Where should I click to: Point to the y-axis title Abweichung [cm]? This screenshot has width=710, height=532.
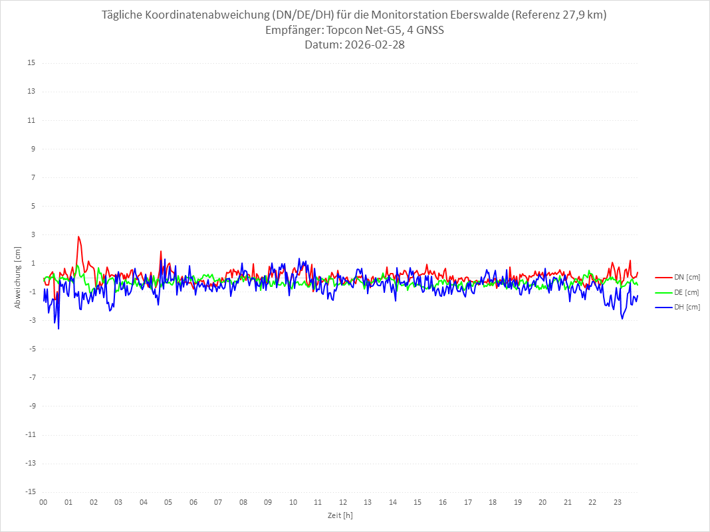[18, 278]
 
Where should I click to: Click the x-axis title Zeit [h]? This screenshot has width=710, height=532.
[340, 515]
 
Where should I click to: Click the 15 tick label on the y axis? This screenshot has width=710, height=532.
[31, 63]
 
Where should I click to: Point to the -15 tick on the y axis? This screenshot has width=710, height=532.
[30, 491]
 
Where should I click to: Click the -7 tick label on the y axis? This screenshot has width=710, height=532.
[31, 377]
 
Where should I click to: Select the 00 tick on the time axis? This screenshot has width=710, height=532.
[43, 502]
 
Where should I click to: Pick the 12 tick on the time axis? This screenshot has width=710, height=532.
[343, 502]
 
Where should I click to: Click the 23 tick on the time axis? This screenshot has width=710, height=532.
[618, 502]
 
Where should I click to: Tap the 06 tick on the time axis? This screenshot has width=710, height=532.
[193, 502]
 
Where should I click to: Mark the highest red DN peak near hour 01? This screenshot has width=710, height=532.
[78, 236]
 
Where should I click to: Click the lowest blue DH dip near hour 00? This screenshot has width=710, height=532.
[59, 328]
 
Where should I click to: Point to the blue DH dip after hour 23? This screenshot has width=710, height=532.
[622, 319]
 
